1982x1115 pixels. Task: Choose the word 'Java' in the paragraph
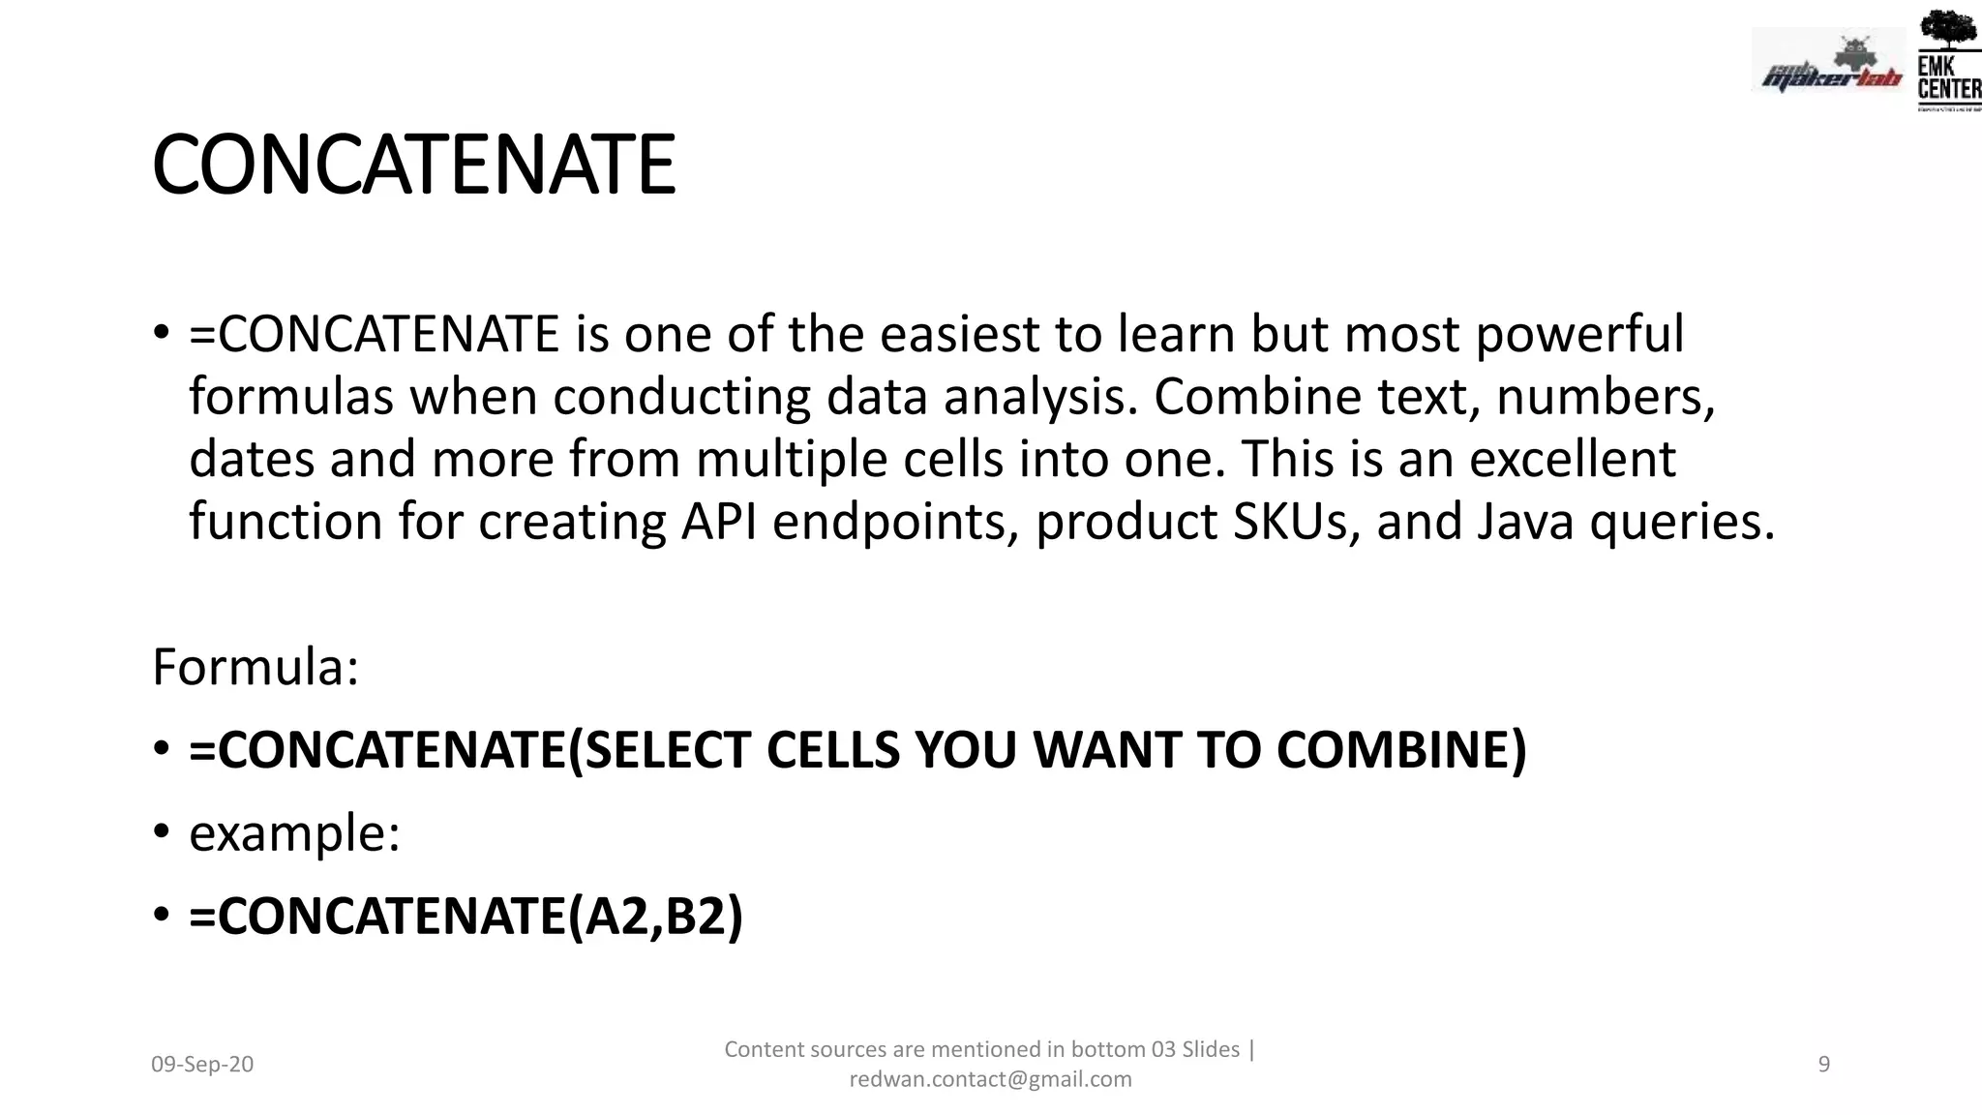tap(1525, 522)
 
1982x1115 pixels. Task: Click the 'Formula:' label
tap(255, 668)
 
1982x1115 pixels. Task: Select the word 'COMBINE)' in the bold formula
tap(1400, 750)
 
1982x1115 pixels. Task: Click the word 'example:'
tap(294, 833)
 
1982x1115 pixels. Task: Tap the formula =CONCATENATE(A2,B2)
tap(465, 916)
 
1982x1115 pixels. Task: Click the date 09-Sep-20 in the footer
tap(202, 1065)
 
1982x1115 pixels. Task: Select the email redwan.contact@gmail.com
tap(990, 1079)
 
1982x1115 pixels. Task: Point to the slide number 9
tap(1824, 1065)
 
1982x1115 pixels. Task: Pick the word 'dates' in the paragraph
tap(252, 459)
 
